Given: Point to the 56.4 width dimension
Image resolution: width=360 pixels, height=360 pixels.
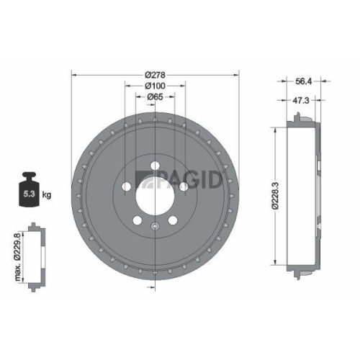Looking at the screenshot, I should (305, 82).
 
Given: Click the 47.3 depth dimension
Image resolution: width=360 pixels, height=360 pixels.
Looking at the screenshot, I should (302, 101).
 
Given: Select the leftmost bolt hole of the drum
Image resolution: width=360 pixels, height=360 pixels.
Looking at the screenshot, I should (126, 186).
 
